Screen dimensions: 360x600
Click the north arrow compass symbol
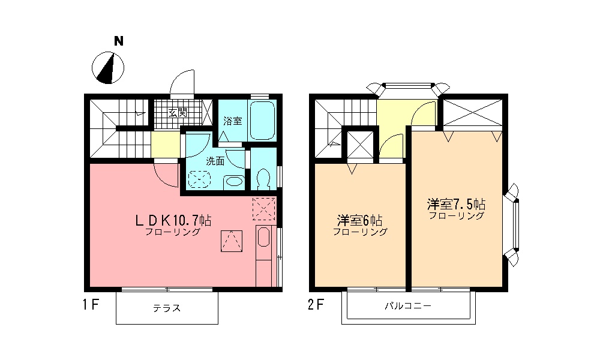tap(109, 67)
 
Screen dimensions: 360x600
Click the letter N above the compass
tap(119, 41)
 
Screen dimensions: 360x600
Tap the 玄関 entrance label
tap(177, 112)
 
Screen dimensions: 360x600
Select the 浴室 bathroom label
tap(232, 121)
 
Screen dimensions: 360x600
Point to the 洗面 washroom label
tap(215, 161)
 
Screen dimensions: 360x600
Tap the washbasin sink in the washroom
tap(235, 181)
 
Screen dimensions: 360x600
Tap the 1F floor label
tap(91, 305)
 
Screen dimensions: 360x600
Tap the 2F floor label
tap(316, 305)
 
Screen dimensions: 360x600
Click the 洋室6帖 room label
tap(360, 220)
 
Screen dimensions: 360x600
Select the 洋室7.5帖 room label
tap(457, 203)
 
